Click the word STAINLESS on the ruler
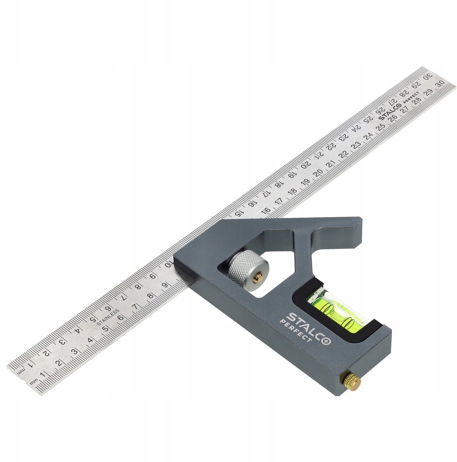point(108,317)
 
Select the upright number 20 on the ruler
point(319,172)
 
